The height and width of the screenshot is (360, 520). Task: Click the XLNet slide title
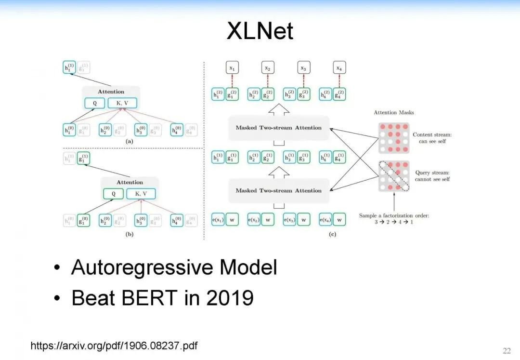(x=260, y=32)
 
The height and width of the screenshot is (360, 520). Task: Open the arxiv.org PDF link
(x=114, y=346)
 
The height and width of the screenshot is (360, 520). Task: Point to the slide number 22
(x=507, y=350)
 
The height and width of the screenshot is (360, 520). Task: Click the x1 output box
(x=232, y=68)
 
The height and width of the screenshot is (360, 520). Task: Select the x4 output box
(x=339, y=68)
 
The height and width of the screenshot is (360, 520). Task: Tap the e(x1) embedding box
(x=218, y=220)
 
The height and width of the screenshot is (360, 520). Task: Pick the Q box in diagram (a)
(x=94, y=103)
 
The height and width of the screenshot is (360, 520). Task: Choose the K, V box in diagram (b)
(x=141, y=194)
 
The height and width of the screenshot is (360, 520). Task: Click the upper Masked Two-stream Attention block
(x=279, y=128)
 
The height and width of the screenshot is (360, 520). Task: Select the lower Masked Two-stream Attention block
(x=279, y=190)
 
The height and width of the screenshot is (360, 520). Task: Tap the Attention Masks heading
(x=394, y=112)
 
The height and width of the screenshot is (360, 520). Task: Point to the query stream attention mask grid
(x=394, y=176)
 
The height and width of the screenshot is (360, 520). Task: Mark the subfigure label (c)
(x=332, y=235)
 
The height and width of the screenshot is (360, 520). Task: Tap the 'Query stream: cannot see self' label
(x=432, y=175)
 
